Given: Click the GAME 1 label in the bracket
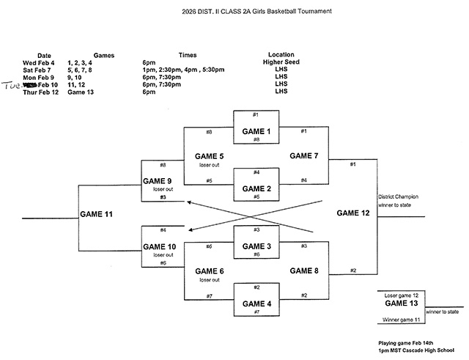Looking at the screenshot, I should pos(256,131).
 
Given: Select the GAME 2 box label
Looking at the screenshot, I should pos(256,188).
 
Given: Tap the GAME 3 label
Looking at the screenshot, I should pos(256,246).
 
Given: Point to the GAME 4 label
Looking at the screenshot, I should pos(256,303).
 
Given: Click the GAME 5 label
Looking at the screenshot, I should pos(210,156).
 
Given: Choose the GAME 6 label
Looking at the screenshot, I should pos(210,271).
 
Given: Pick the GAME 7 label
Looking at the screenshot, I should pos(305,156).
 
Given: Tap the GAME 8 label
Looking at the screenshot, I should pos(305,271).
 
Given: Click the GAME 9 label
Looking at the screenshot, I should pos(158,180).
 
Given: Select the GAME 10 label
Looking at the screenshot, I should pos(160,246).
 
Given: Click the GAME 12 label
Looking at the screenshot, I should pos(353,213).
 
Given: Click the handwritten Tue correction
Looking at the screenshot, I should pos(12,84).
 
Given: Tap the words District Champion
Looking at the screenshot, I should pos(396,196).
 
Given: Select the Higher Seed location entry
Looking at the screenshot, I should pos(281,62).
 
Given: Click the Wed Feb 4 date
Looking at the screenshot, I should pos(40,62).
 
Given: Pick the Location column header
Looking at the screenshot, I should pos(281,55).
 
